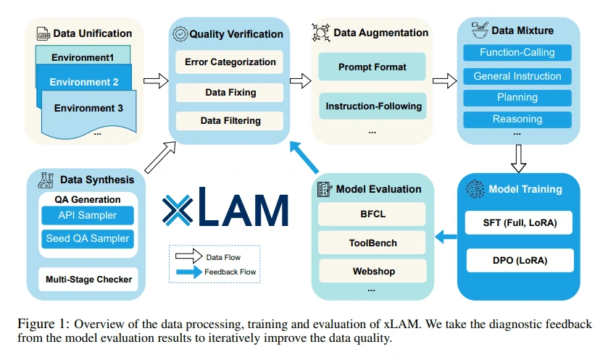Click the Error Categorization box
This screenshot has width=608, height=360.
tap(230, 62)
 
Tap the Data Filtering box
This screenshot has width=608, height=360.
tap(230, 120)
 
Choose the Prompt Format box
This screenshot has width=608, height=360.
tap(372, 67)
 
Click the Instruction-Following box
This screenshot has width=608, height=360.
tap(372, 106)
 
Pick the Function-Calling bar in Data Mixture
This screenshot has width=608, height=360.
tap(517, 52)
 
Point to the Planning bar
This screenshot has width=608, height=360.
tap(517, 97)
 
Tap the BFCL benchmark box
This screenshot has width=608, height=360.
tap(372, 214)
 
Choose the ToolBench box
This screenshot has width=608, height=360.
tap(372, 243)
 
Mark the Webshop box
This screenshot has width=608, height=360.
tap(372, 270)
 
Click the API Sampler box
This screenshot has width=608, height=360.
tap(87, 215)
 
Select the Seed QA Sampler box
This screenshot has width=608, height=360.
tap(87, 238)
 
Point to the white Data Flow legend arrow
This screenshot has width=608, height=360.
tap(191, 257)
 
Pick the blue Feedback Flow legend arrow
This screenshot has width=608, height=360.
tap(190, 272)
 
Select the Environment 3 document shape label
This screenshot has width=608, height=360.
tap(87, 108)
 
